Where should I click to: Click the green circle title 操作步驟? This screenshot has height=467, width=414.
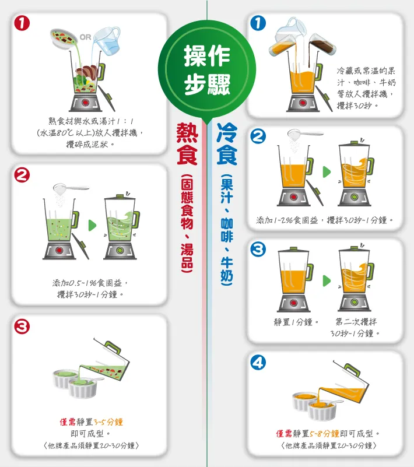tap(206, 69)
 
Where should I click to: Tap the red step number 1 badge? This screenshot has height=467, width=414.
tap(22, 23)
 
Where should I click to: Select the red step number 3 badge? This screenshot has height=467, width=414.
tap(22, 326)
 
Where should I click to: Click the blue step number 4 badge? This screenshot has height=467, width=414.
tap(258, 363)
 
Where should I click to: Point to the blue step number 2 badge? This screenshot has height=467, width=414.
tap(258, 136)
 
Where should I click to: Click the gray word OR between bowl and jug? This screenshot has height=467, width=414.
tap(85, 37)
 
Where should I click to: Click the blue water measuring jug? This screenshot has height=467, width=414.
tap(107, 39)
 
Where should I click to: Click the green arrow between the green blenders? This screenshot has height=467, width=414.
tap(92, 226)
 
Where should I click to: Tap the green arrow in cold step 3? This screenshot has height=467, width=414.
tap(327, 280)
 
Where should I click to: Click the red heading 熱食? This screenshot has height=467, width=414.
tap(187, 143)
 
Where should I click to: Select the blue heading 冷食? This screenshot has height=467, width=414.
tap(227, 143)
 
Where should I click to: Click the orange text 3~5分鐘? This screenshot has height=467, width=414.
tap(108, 422)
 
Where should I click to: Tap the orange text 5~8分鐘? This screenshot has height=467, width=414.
tap(324, 433)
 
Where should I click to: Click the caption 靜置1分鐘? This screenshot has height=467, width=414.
tap(296, 322)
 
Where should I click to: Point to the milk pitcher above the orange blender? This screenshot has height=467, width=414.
tap(290, 30)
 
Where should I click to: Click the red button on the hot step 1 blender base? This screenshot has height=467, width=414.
tap(86, 103)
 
